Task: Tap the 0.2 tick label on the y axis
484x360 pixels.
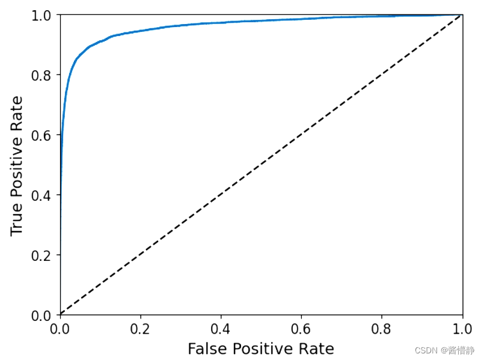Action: tap(43, 255)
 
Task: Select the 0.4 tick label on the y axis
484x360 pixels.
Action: tap(43, 195)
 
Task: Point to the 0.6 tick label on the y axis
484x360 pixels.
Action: tap(43, 135)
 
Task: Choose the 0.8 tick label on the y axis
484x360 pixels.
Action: tap(43, 75)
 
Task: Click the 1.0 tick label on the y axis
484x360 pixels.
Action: tap(43, 15)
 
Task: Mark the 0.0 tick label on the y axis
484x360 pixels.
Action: tap(43, 315)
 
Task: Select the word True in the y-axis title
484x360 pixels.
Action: tap(17, 218)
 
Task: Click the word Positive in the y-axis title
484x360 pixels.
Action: tap(17, 166)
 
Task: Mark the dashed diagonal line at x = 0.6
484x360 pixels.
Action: tap(302, 135)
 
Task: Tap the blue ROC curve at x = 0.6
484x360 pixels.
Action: tap(302, 19)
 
